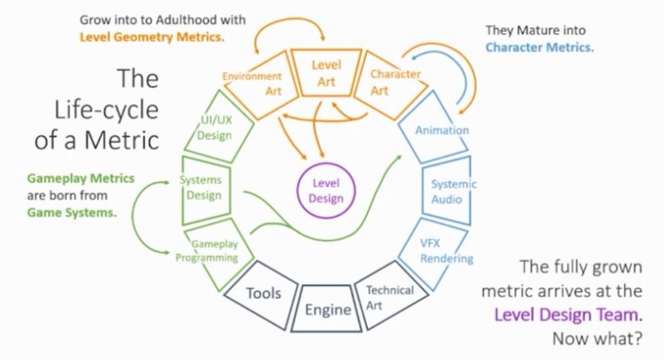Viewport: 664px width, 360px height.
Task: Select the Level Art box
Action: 326,51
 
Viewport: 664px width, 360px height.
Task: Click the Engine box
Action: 326,330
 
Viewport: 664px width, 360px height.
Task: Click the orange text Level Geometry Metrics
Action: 152,37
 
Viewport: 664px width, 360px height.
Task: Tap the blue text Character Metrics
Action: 539,47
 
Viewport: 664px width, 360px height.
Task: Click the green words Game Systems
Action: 71,212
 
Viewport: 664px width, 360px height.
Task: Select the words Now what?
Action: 597,339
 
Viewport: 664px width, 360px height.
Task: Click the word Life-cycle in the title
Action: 106,110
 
